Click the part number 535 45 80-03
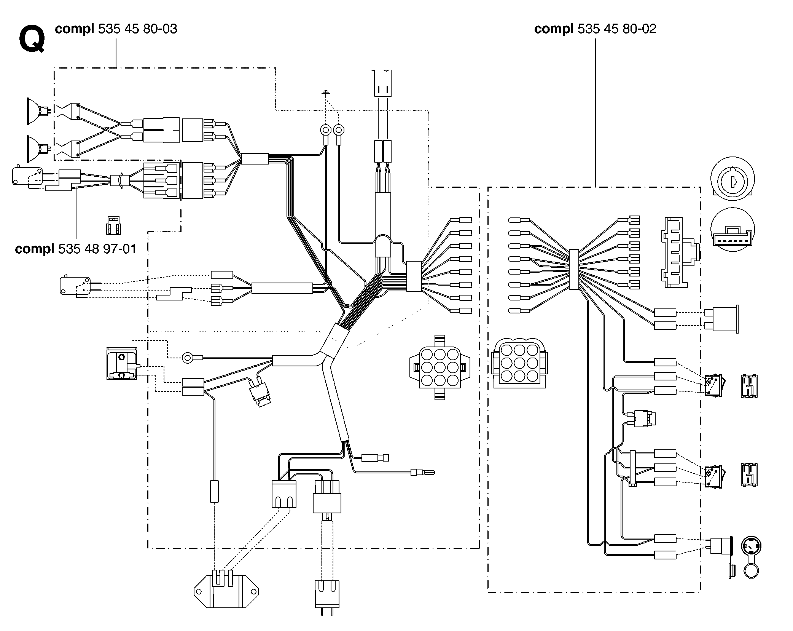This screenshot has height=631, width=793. tap(138, 29)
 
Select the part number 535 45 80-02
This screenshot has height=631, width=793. tap(617, 29)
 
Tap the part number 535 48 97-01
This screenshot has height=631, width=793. tap(97, 249)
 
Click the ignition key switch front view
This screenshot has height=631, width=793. tap(732, 179)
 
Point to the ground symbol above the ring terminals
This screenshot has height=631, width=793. tap(326, 92)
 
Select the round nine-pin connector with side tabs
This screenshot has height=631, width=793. tap(439, 367)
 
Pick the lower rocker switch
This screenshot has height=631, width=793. tap(715, 476)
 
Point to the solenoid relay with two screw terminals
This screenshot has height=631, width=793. tap(122, 363)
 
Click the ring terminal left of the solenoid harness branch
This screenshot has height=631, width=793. tap(188, 358)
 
